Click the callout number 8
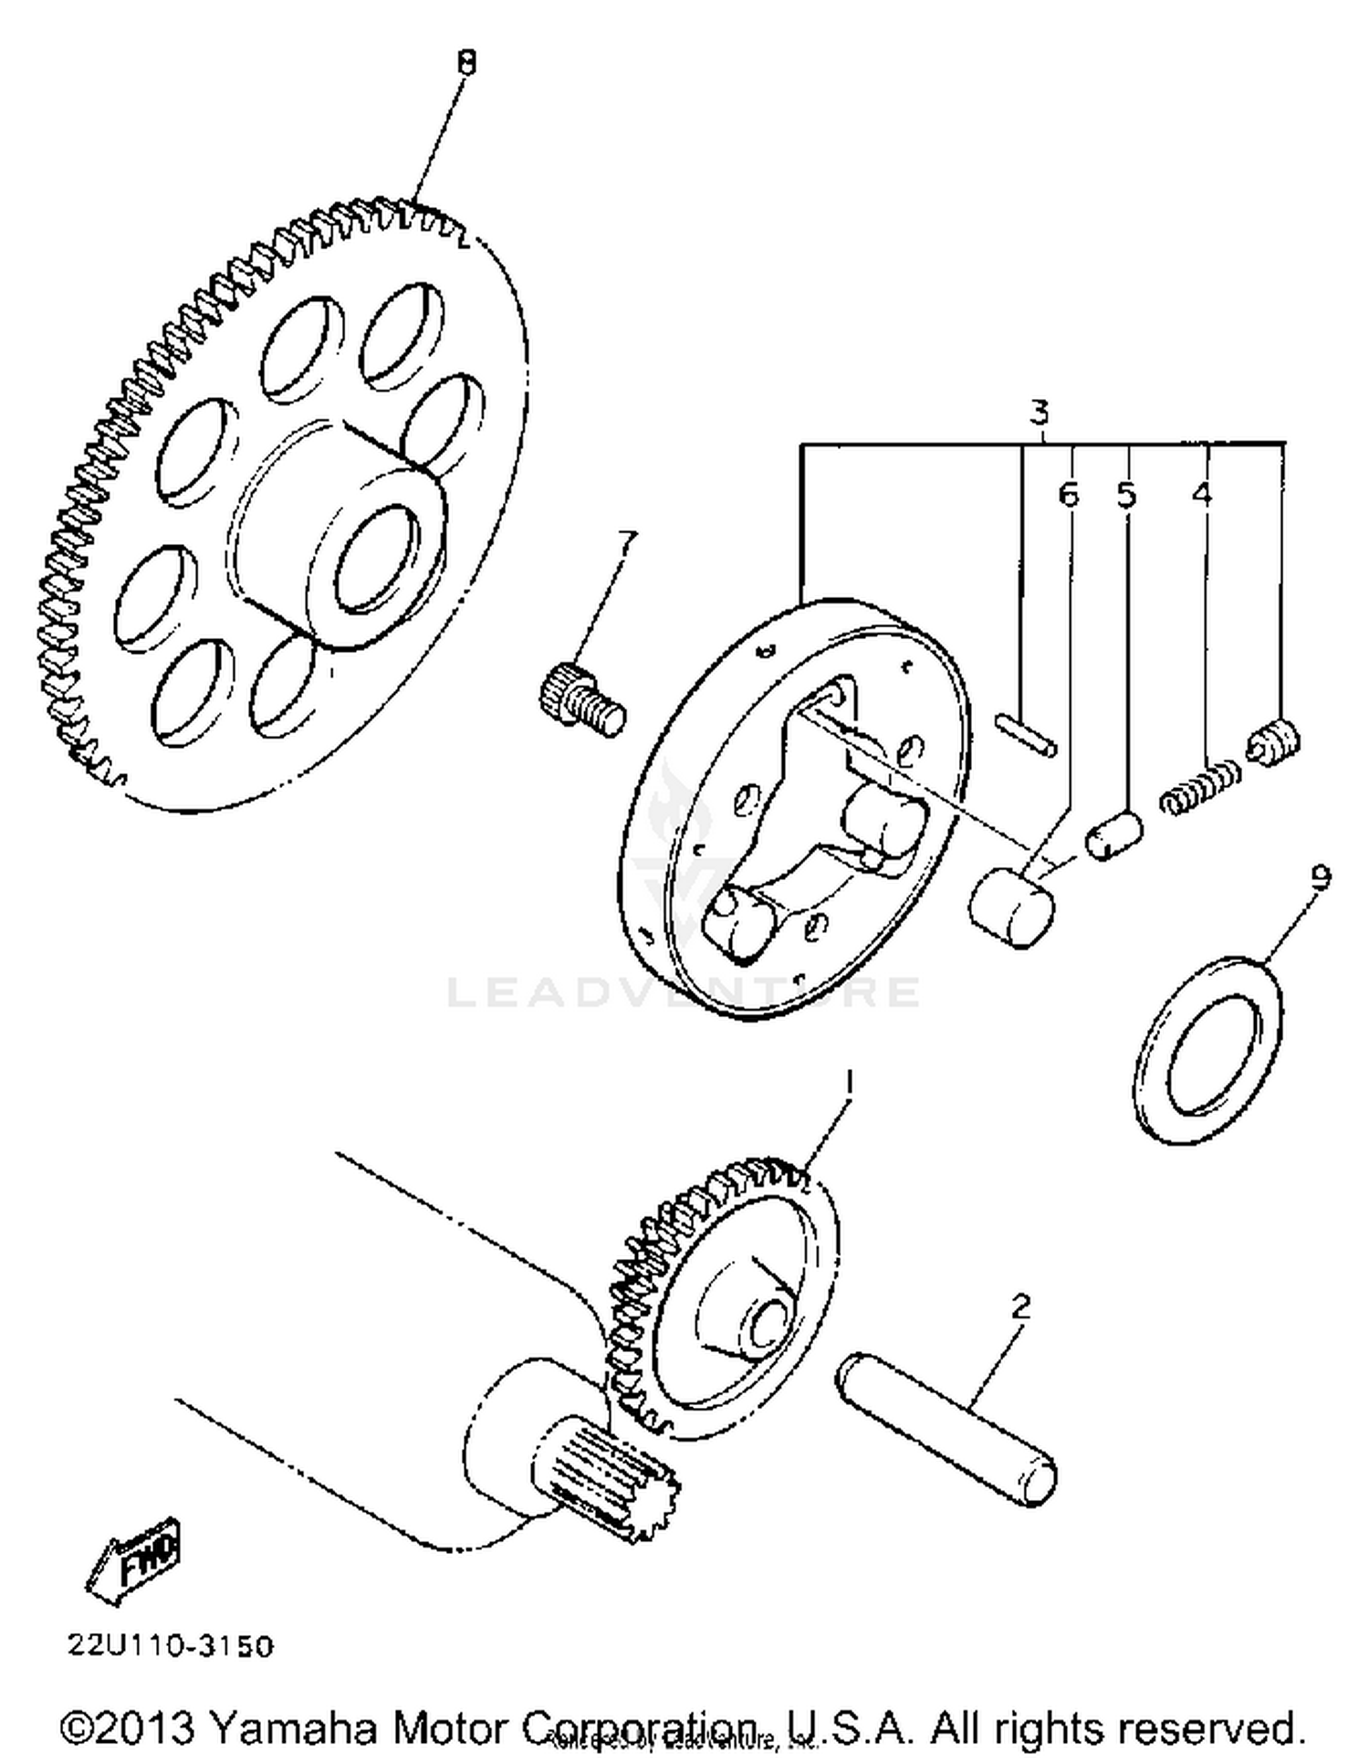466,64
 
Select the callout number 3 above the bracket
1039,413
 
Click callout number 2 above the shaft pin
1021,1307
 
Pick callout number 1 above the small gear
848,1083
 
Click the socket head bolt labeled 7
580,699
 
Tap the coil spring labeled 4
1200,787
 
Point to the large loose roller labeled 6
1009,907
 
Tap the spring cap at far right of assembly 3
1275,741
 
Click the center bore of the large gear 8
376,560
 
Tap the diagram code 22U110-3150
170,1646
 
